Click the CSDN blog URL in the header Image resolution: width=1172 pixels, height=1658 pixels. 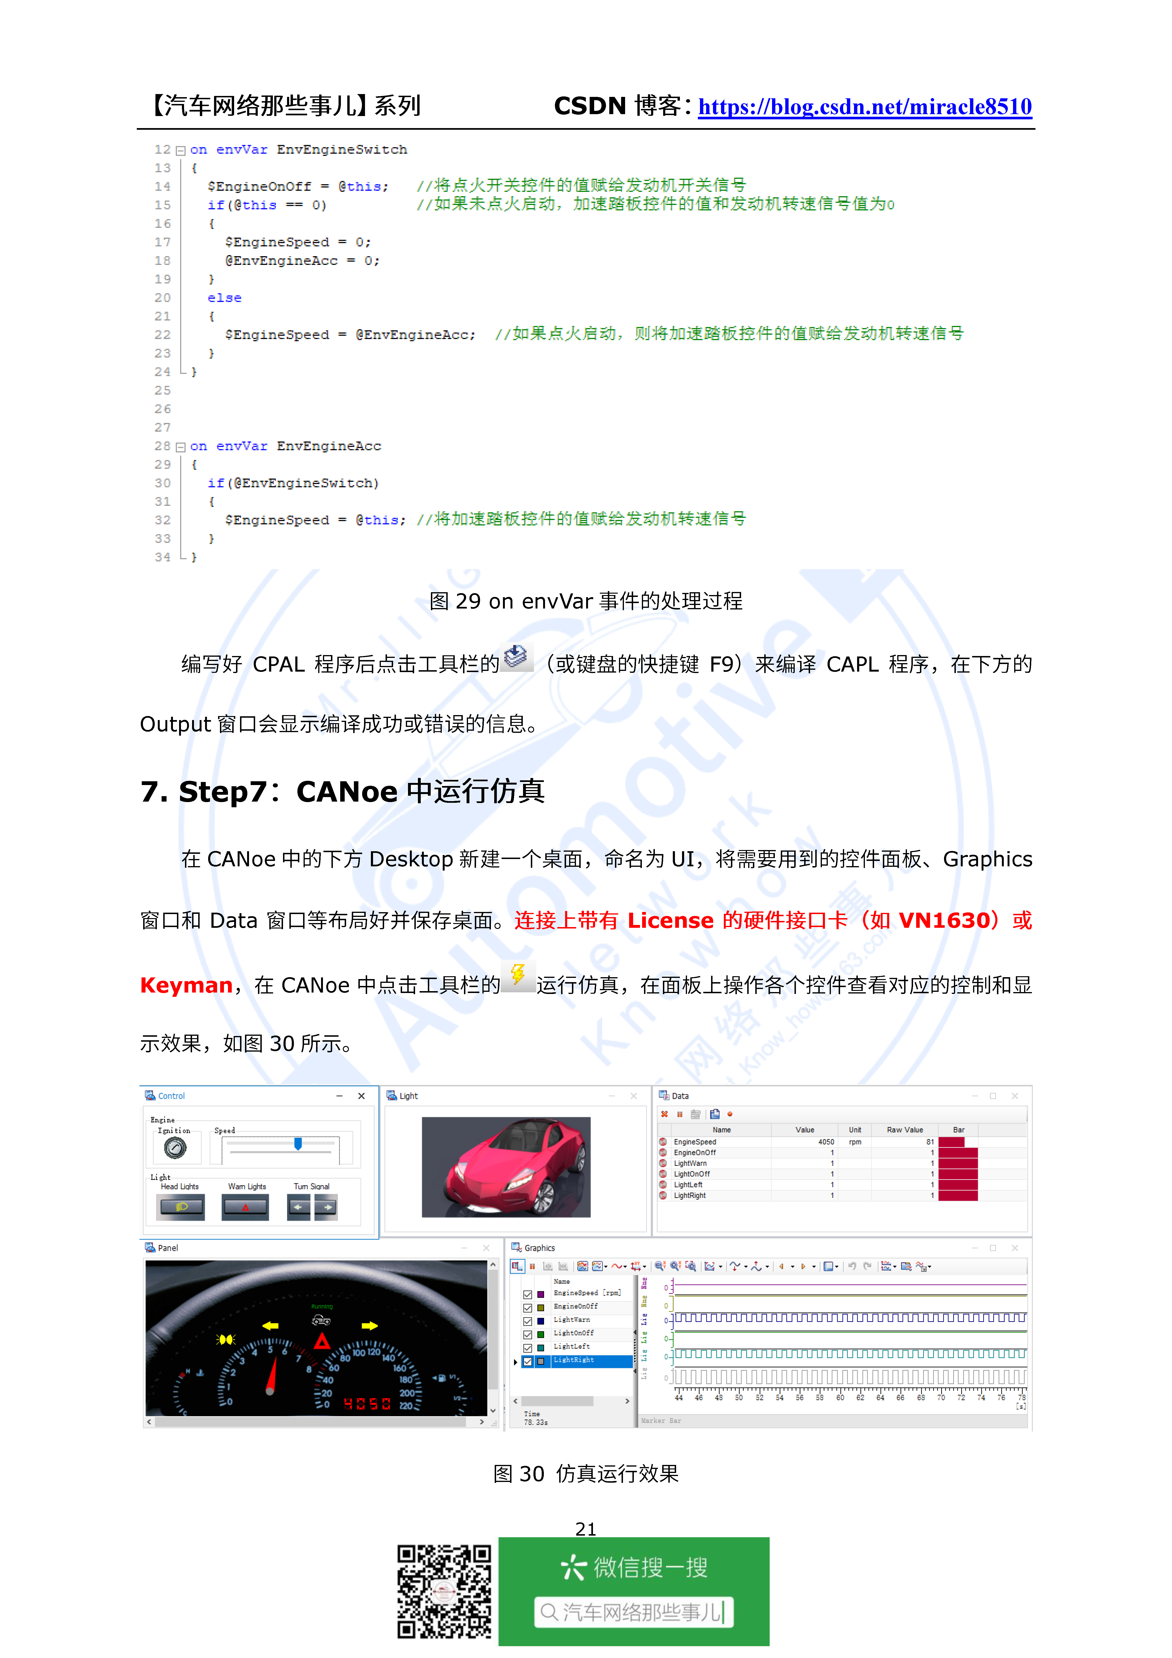pos(864,107)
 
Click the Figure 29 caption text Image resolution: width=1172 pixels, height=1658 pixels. pos(586,601)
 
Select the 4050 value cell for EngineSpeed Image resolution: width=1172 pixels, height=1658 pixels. pos(825,1142)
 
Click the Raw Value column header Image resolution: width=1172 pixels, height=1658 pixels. pos(904,1129)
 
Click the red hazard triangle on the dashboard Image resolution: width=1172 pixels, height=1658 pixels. pos(322,1342)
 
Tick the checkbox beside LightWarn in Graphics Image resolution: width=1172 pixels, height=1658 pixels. pos(528,1321)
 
